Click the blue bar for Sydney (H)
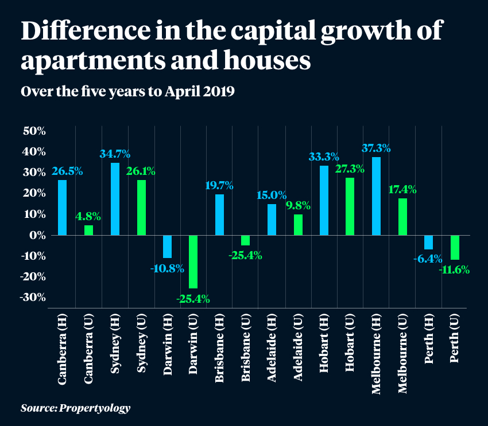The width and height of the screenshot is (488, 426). coord(115,199)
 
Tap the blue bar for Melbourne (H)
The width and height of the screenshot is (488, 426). coord(376,196)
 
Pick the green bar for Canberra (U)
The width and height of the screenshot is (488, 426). coord(88,230)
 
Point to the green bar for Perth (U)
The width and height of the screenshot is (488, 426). coord(455,247)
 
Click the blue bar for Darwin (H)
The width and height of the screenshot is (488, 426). coord(167,247)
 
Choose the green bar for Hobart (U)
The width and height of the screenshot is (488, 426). coord(350,206)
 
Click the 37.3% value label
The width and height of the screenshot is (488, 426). coord(376,148)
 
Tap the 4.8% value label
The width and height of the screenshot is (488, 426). coord(88,217)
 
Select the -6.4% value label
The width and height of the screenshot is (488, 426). coord(428,259)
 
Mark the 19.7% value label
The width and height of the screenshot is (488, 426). coord(219,185)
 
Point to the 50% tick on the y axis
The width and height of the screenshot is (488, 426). coord(34,131)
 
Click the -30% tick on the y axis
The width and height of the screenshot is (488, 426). coord(34,297)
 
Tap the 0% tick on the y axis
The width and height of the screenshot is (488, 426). coord(38,235)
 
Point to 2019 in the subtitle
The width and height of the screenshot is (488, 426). coord(217,92)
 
